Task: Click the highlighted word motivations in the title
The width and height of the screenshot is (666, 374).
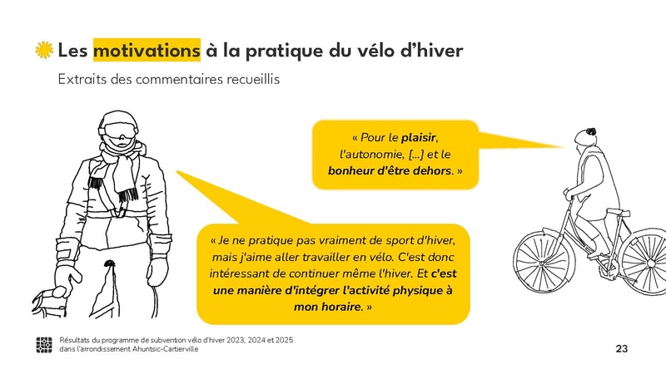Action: (x=147, y=50)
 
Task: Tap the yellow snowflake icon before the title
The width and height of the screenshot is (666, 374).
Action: (x=44, y=50)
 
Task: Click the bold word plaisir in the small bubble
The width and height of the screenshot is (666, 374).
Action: (x=419, y=136)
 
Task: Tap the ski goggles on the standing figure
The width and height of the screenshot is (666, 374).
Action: (x=117, y=131)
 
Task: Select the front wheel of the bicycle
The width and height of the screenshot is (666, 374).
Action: (x=542, y=262)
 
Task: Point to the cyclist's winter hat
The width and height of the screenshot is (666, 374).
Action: (x=588, y=136)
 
